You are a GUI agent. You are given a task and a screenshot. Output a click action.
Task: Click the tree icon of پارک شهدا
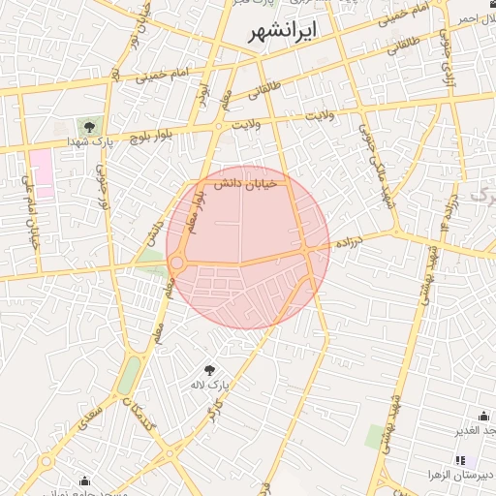pyautogui.click(x=89, y=127)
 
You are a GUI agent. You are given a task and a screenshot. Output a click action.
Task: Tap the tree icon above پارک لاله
pyautogui.click(x=209, y=369)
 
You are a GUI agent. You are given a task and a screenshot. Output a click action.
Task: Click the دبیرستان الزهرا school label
pyautogui.click(x=461, y=476)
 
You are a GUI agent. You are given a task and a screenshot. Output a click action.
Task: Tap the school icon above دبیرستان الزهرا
pyautogui.click(x=460, y=460)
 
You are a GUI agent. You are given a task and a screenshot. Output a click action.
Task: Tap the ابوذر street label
pyautogui.click(x=202, y=95)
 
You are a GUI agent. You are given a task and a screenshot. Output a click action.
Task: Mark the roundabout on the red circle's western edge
pyautogui.click(x=177, y=263)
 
